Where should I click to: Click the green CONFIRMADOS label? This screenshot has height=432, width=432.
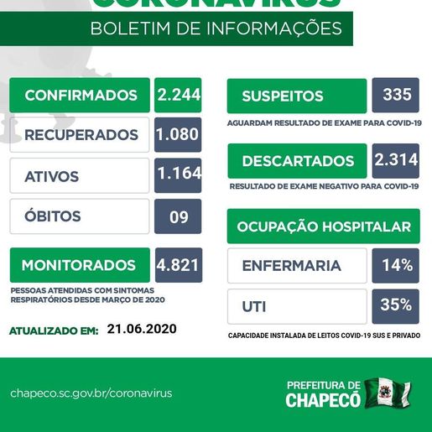click(80, 96)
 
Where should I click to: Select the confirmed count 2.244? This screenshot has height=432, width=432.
click(178, 96)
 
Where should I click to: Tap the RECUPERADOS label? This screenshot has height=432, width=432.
click(80, 135)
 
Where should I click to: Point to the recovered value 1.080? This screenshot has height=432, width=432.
click(178, 135)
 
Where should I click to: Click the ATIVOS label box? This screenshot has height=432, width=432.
click(80, 176)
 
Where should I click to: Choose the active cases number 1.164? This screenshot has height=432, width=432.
click(178, 174)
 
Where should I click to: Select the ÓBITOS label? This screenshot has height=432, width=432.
click(80, 216)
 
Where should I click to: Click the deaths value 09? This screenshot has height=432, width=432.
click(178, 216)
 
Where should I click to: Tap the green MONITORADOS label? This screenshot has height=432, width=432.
click(80, 265)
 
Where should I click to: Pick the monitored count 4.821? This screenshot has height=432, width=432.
click(178, 265)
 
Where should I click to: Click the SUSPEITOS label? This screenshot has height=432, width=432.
click(297, 96)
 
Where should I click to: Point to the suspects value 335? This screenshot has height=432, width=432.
click(395, 95)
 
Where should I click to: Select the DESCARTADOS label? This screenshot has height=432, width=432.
click(297, 161)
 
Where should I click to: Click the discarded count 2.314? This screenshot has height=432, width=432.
click(395, 160)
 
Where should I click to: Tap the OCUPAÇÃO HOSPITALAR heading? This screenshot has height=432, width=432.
click(323, 226)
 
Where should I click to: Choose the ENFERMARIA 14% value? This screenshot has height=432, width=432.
click(395, 266)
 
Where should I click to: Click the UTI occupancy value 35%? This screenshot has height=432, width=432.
click(395, 305)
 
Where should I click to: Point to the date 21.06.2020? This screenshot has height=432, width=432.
click(142, 330)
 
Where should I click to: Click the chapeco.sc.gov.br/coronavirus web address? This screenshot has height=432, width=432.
click(91, 393)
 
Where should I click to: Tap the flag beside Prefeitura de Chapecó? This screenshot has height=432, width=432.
click(388, 393)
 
